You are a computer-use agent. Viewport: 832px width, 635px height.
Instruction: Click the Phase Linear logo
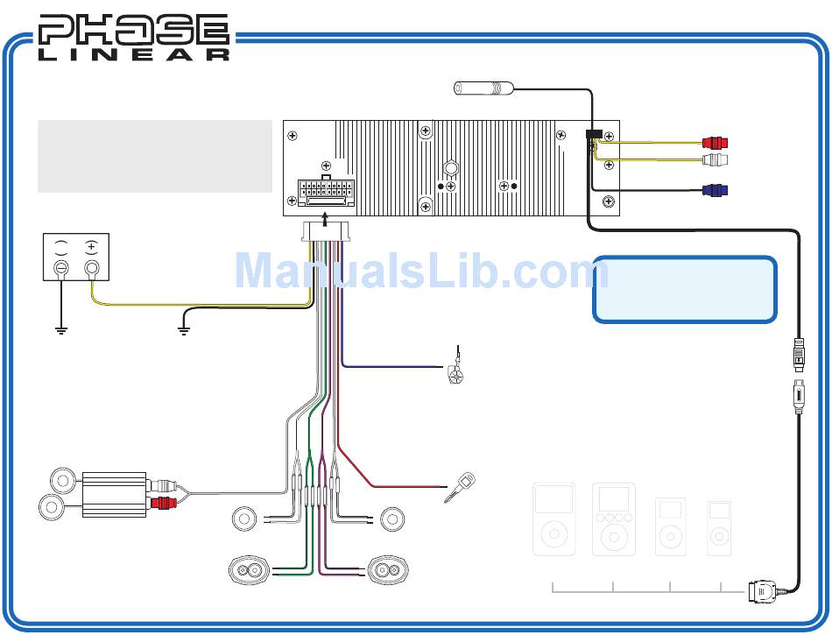(x=134, y=38)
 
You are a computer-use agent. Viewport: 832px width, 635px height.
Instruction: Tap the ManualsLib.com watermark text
(x=416, y=271)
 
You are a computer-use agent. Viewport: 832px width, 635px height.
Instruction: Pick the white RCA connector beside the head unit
(x=716, y=159)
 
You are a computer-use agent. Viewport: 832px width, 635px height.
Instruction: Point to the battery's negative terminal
(x=62, y=267)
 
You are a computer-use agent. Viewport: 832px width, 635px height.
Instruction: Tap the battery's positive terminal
(x=91, y=267)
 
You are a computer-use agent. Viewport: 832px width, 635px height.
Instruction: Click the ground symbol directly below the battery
(x=61, y=332)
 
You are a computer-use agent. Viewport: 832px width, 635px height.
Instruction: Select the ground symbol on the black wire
(x=183, y=332)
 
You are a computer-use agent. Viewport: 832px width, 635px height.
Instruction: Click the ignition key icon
(x=460, y=487)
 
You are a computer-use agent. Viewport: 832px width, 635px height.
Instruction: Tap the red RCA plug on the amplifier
(x=164, y=504)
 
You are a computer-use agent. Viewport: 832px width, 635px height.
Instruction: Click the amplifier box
(x=114, y=495)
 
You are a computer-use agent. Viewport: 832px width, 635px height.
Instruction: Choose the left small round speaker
(x=243, y=519)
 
